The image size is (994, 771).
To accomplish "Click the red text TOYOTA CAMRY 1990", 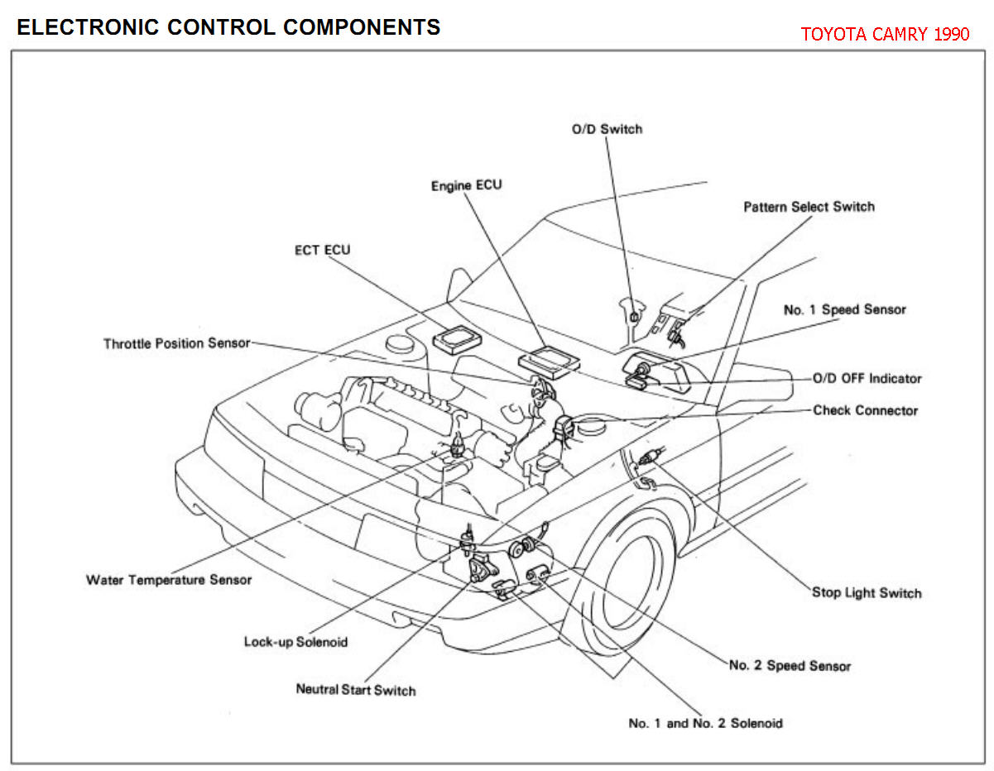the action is [885, 34].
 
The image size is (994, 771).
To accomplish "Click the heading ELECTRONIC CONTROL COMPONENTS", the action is [228, 27].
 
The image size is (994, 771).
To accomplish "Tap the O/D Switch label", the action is [607, 129].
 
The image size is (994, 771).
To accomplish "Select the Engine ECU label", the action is [467, 185].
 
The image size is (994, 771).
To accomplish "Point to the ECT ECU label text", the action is [323, 250].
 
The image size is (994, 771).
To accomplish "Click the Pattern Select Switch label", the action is [809, 207].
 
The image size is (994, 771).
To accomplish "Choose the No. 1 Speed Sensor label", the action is [844, 309].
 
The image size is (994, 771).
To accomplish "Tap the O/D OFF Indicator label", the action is [867, 378].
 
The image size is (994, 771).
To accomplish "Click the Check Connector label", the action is [866, 410].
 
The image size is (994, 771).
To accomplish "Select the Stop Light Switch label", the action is [867, 593].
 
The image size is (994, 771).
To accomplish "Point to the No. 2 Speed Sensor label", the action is [790, 665].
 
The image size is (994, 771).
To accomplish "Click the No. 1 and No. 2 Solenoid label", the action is [705, 723].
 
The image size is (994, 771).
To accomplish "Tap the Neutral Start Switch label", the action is [356, 690].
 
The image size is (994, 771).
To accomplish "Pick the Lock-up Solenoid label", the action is [295, 642].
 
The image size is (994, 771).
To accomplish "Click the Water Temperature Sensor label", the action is [169, 580].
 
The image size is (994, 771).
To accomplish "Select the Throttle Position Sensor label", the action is [176, 343].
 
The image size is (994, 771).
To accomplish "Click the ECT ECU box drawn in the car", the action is [457, 339].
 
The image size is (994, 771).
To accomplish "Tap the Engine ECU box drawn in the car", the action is [549, 362].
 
